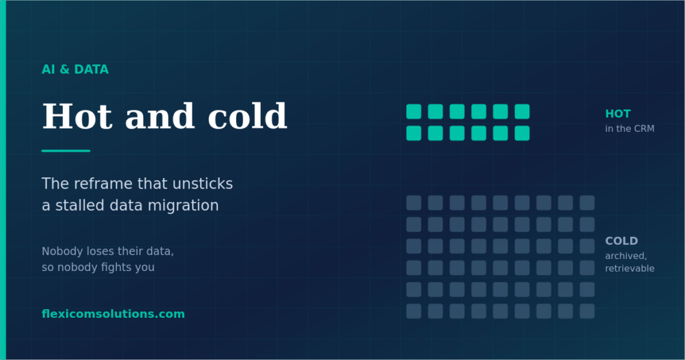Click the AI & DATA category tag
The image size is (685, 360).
click(x=75, y=70)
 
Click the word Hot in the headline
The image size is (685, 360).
click(x=78, y=116)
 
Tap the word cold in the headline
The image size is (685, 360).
click(x=248, y=116)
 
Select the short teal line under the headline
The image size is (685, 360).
click(x=66, y=151)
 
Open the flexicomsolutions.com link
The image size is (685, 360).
click(x=113, y=314)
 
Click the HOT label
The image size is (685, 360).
click(x=617, y=114)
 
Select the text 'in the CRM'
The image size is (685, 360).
click(x=629, y=128)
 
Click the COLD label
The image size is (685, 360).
click(x=621, y=241)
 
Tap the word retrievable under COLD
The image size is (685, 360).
click(x=629, y=268)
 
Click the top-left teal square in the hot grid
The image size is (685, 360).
click(x=413, y=111)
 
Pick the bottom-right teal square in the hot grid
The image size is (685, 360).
click(x=522, y=133)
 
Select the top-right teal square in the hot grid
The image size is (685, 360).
click(x=522, y=111)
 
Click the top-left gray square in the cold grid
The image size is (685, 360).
click(x=413, y=203)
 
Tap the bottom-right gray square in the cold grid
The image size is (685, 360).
click(x=587, y=311)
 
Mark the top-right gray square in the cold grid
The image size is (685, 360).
click(x=587, y=203)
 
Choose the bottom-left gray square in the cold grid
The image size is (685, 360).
click(x=413, y=311)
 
